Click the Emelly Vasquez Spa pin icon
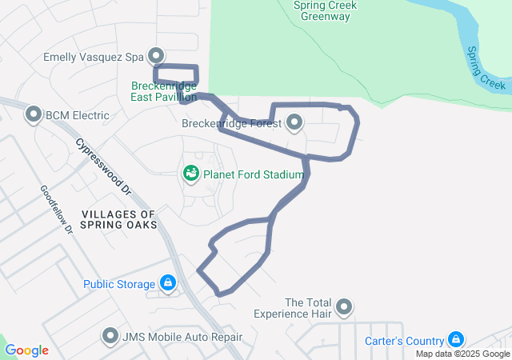(x=157, y=54)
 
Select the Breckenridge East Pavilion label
(x=163, y=90)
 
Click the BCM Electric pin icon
(x=34, y=115)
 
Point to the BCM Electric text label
(x=77, y=115)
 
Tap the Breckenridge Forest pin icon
(x=294, y=123)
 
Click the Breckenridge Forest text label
(x=231, y=123)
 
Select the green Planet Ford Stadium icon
(x=191, y=173)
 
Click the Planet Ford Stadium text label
(x=253, y=174)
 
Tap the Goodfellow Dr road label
(x=56, y=210)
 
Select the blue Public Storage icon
(x=167, y=283)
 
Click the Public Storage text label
(x=119, y=284)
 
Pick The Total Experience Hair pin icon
(x=344, y=307)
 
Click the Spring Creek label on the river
(x=486, y=67)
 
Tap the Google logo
(x=26, y=350)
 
